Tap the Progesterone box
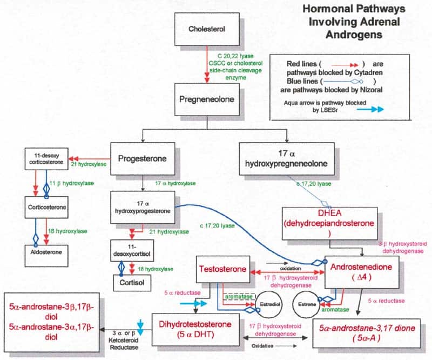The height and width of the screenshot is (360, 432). coord(142,158)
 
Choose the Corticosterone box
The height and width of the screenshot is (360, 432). coord(48,207)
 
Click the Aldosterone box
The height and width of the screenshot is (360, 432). coord(48,252)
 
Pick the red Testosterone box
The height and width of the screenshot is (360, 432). coord(222,269)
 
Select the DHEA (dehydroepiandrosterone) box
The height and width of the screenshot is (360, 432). coord(321,222)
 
